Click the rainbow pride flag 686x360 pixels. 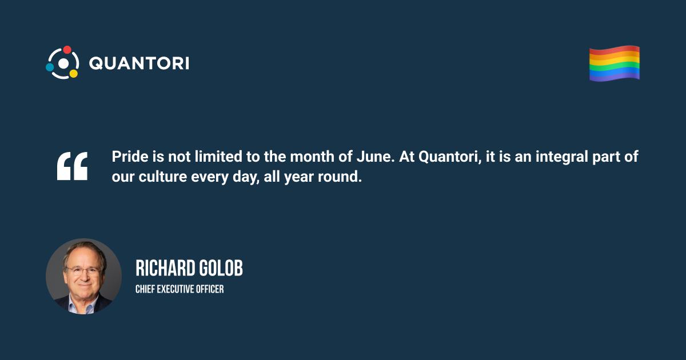pos(615,63)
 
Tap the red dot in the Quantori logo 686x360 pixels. pos(67,50)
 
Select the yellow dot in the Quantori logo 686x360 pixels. pos(74,74)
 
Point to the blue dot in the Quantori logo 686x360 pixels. pos(50,67)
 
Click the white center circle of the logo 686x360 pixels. pos(63,63)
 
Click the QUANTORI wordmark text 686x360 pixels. pos(139,63)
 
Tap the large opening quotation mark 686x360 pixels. pos(72,166)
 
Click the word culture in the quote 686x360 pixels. pos(162,177)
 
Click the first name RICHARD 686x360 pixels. pos(165,268)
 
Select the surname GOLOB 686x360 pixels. pos(221,268)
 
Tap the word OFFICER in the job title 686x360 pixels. pos(210,289)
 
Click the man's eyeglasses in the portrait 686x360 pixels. pos(83,270)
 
